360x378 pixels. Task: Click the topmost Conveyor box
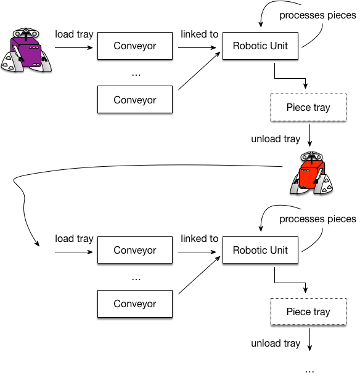pos(134,46)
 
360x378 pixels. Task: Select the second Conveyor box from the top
pos(134,100)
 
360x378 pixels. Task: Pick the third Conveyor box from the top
pos(134,251)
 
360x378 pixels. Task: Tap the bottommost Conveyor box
pos(134,304)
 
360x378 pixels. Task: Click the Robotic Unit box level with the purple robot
pos(260,46)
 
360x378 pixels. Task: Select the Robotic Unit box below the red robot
pos(260,251)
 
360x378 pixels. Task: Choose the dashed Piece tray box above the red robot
pos(308,108)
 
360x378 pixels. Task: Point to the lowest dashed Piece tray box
pos(308,312)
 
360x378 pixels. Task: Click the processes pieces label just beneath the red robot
pos(317,219)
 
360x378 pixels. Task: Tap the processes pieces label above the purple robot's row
pos(317,15)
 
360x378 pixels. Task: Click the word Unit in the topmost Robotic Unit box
pos(277,46)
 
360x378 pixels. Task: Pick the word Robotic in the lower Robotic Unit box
pos(250,251)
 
